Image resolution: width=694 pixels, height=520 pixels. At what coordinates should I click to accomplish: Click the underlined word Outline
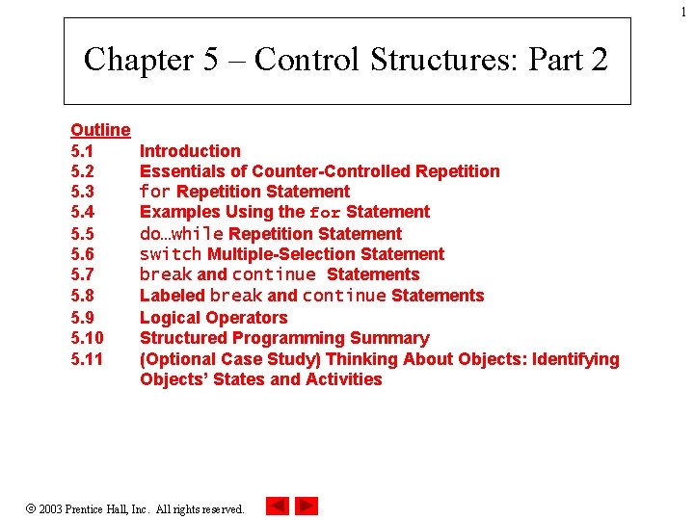pos(100,129)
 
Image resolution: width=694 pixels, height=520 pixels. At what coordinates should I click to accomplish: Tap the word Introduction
pos(190,150)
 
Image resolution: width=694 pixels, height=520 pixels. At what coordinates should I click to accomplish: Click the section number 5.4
pos(83,212)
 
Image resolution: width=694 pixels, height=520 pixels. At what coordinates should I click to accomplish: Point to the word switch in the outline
pos(171,254)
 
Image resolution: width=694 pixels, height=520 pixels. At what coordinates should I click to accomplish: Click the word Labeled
pos(173,296)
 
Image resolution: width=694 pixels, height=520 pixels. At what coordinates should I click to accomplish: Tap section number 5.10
pos(87,338)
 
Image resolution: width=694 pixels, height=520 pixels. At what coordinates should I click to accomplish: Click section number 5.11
pos(87,359)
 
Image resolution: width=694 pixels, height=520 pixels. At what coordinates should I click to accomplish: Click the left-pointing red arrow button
pos(277,506)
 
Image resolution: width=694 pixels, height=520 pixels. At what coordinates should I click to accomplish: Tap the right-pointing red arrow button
pos(307,506)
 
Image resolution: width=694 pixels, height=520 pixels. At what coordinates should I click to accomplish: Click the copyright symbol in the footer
pos(31,507)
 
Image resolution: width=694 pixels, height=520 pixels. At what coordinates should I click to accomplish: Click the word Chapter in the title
pos(138,60)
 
